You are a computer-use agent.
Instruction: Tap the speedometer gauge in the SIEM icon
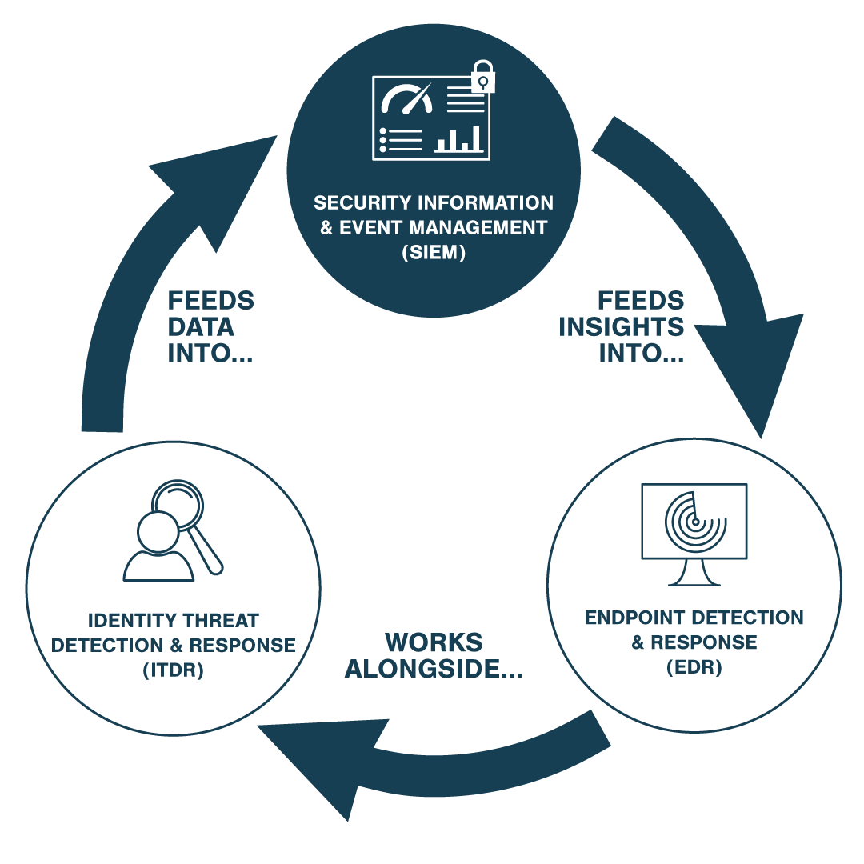(407, 99)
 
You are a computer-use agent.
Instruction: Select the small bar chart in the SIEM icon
(458, 139)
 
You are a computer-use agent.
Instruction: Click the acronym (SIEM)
(433, 253)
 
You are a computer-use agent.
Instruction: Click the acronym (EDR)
(694, 667)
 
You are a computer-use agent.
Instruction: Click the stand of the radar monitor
(693, 574)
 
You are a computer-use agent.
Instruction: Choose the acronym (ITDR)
(173, 670)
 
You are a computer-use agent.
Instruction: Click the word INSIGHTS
(622, 326)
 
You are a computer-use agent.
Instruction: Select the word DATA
(201, 326)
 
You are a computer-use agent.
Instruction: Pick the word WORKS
(434, 642)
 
